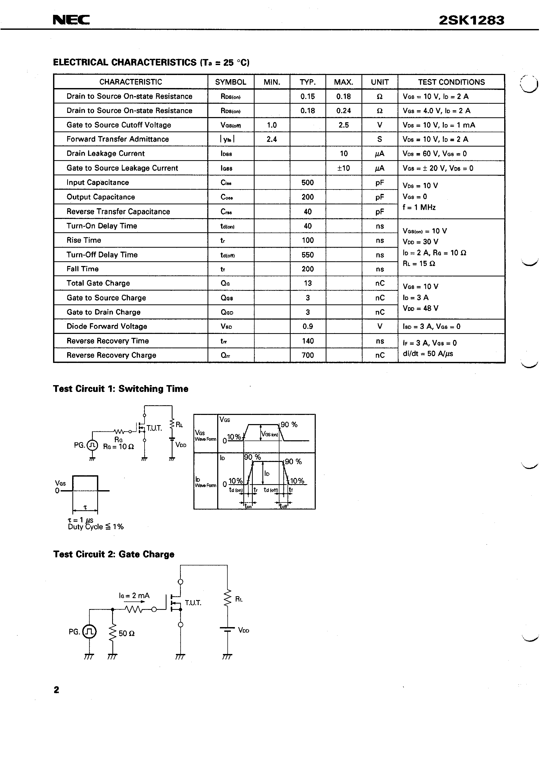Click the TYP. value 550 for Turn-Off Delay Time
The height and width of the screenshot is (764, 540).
(307, 255)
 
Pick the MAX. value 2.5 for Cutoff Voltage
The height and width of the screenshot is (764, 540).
(343, 125)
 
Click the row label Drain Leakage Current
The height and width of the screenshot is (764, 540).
(106, 153)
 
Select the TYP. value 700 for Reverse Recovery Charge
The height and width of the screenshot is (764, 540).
(307, 355)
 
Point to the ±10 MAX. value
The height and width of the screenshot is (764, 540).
(343, 168)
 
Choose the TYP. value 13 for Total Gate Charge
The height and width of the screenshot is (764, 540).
(308, 283)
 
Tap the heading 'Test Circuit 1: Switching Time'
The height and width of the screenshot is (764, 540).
(120, 389)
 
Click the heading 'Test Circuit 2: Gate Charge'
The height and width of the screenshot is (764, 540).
(114, 554)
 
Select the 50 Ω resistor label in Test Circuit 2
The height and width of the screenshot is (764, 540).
(127, 634)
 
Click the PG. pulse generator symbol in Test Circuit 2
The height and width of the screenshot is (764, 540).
(89, 632)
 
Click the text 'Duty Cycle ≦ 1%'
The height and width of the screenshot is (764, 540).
(96, 527)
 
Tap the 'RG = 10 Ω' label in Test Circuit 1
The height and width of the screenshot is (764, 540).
(118, 447)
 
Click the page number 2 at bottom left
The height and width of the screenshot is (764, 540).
(56, 690)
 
